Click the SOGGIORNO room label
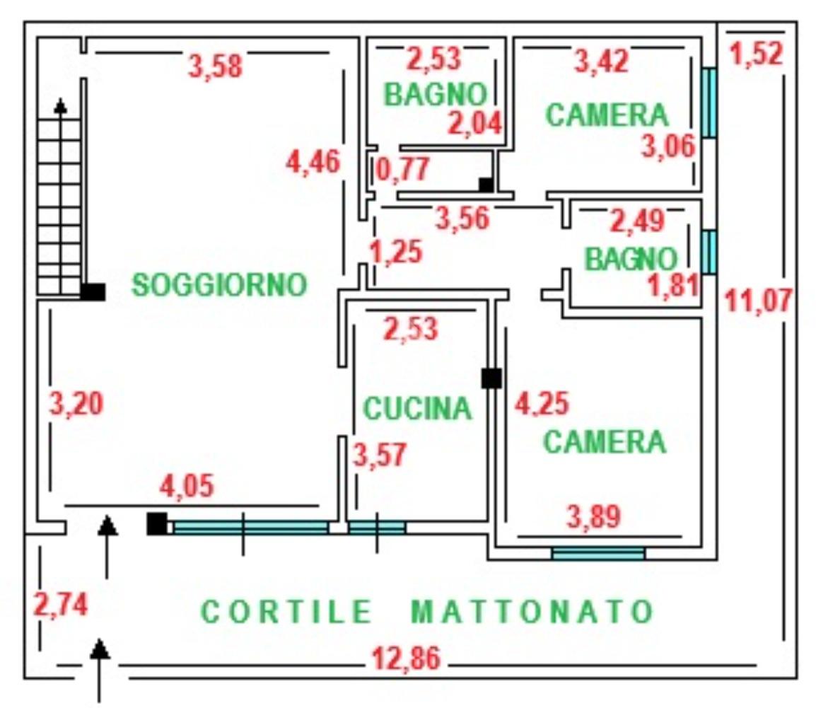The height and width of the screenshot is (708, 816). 220,285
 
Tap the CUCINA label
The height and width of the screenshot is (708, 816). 416,408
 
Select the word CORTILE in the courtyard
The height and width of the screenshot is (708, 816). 286,612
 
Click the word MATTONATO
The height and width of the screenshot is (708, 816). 532,612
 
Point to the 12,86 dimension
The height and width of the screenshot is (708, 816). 406,659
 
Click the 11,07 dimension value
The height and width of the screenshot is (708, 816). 759,302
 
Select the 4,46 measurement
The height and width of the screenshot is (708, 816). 313,162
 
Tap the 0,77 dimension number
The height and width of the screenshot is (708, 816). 403,170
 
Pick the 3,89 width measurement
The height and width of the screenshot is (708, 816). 594,518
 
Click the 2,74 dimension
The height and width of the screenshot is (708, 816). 61,606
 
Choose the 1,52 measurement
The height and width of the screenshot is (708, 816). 757,55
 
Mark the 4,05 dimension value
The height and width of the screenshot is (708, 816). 187,487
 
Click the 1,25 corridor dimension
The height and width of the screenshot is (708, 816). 396,252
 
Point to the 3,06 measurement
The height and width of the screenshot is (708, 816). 668,148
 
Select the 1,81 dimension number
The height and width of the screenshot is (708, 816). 674,285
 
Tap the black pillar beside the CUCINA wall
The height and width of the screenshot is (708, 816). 491,378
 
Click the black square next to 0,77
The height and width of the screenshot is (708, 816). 486,185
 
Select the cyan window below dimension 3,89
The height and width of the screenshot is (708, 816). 598,553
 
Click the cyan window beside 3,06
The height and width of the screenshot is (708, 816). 709,102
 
